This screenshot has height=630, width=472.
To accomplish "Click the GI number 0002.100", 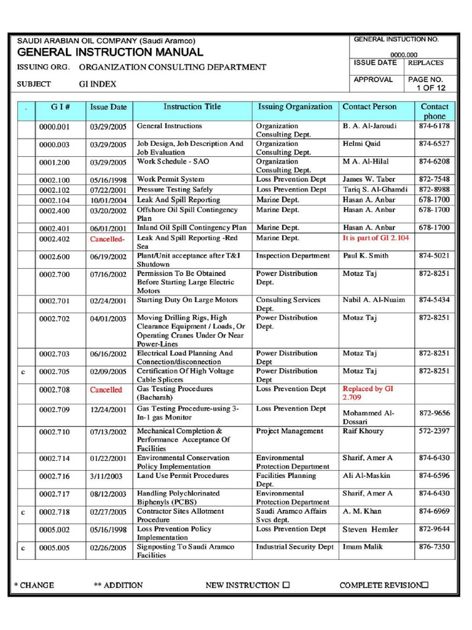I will click(55, 180).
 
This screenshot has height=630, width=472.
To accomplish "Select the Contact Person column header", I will click(369, 107).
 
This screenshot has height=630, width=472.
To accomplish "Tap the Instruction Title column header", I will click(192, 107).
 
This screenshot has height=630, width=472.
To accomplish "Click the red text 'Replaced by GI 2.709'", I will click(367, 393).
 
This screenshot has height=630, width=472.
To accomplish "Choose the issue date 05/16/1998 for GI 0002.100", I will click(108, 180).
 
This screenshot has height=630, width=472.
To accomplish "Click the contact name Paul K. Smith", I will click(365, 256).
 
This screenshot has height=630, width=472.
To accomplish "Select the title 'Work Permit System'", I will click(170, 180).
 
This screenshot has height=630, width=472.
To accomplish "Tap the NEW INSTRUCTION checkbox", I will click(286, 585).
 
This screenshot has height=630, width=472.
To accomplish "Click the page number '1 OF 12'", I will click(431, 88).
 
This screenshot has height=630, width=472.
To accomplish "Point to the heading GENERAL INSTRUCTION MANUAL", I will click(109, 53).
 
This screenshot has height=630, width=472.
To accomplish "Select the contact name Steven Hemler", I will click(370, 530).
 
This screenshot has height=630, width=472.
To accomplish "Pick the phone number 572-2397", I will click(434, 431).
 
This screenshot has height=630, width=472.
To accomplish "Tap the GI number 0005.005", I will click(55, 548).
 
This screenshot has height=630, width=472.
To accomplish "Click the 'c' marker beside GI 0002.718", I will click(23, 512).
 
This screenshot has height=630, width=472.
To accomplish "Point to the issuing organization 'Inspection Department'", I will click(293, 256).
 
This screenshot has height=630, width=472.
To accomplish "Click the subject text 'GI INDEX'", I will click(98, 84).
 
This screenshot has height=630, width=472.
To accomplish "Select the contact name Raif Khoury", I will click(363, 431).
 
